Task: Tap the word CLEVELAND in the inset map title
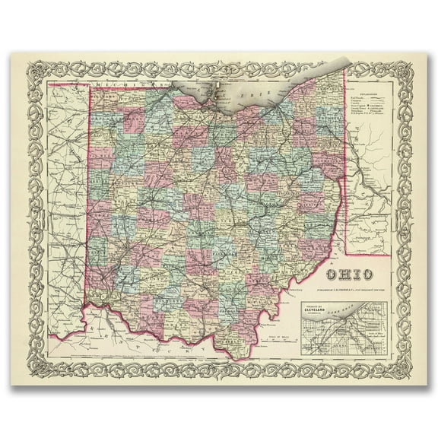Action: click(320, 310)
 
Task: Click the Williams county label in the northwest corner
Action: click(106, 99)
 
